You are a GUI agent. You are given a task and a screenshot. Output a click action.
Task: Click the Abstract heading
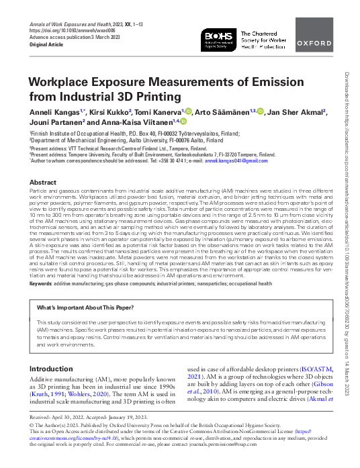pos(44,183)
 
